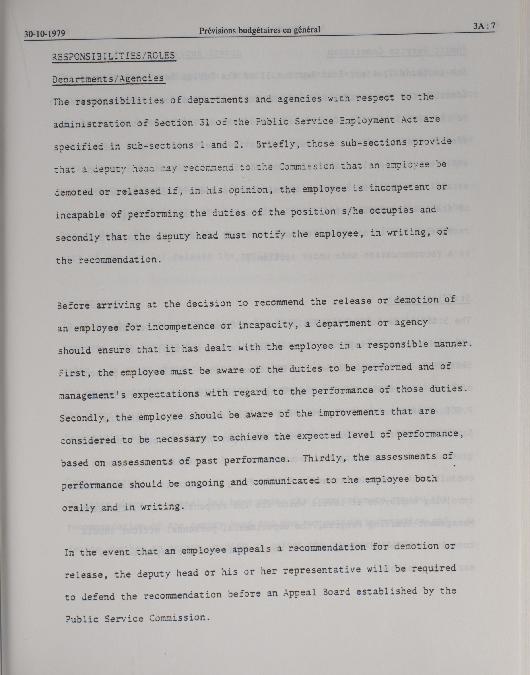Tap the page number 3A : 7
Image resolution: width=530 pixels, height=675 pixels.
[484, 26]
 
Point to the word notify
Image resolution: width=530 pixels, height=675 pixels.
[268, 235]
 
